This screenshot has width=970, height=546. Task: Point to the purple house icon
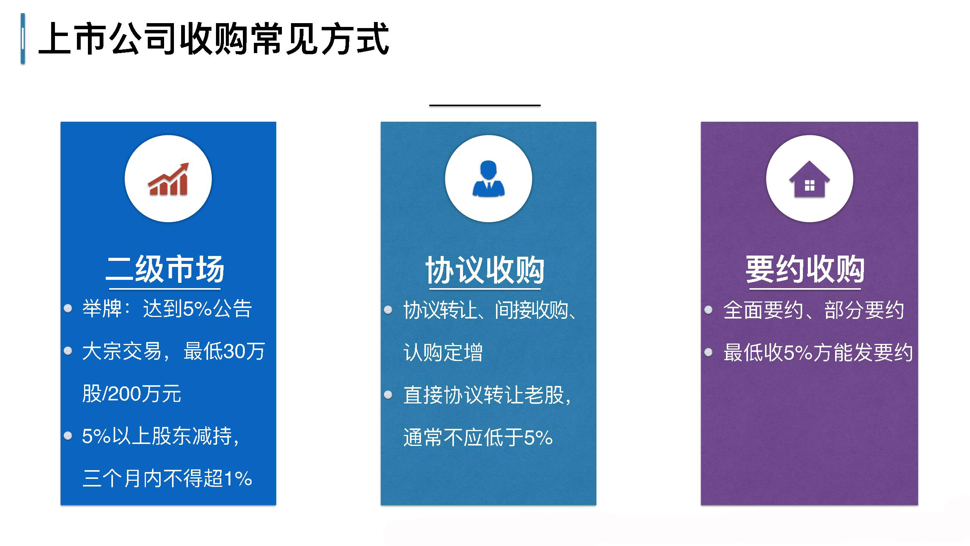[809, 179]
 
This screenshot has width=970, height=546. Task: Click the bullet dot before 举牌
[68, 308]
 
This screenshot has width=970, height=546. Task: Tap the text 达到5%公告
[197, 309]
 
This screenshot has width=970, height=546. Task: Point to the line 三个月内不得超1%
[167, 478]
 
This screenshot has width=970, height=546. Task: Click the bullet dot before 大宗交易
[68, 351]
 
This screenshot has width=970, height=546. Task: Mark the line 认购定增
[443, 352]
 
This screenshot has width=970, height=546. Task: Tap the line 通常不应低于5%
[478, 437]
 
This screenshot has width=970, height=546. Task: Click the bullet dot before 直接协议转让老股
[388, 395]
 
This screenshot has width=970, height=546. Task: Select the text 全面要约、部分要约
[814, 310]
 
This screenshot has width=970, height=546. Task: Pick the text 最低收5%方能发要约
[818, 352]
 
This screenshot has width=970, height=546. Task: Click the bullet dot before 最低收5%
[709, 353]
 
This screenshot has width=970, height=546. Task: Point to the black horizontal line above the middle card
[485, 105]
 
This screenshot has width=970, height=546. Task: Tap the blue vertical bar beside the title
[23, 39]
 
